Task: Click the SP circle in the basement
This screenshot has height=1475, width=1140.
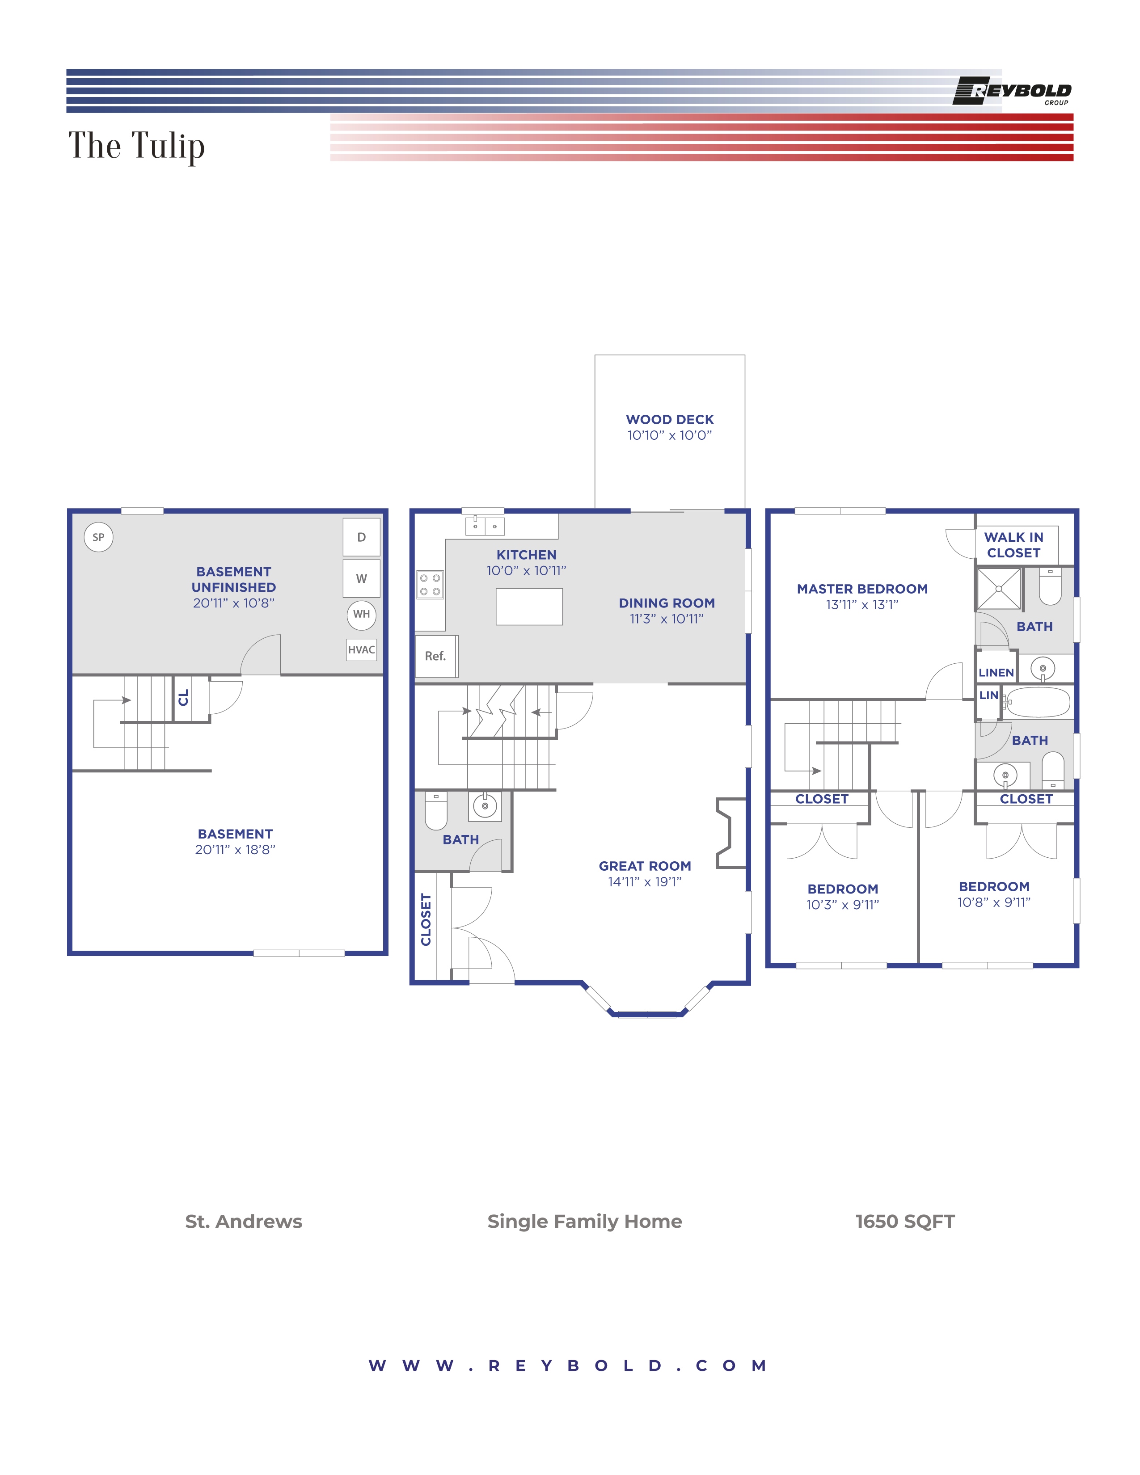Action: (99, 538)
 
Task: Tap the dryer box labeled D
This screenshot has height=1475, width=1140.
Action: (361, 538)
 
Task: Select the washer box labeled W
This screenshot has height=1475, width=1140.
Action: (361, 579)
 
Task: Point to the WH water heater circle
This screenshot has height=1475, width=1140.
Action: (361, 615)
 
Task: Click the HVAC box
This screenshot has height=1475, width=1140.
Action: (361, 650)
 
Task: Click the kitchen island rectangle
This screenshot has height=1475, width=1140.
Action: (529, 607)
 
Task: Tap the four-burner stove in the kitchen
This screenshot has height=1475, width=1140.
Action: (430, 585)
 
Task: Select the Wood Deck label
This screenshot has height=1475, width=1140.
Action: (669, 419)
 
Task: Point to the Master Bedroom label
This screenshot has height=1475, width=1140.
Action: (862, 589)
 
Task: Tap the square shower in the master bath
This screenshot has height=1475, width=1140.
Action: (998, 589)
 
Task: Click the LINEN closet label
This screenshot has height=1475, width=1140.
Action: (996, 673)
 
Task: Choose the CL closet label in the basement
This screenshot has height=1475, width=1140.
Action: (183, 698)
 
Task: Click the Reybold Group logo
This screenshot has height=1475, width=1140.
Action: (1012, 91)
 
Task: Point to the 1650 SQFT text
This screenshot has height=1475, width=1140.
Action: (904, 1222)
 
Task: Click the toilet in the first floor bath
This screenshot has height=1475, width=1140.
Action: (435, 810)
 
